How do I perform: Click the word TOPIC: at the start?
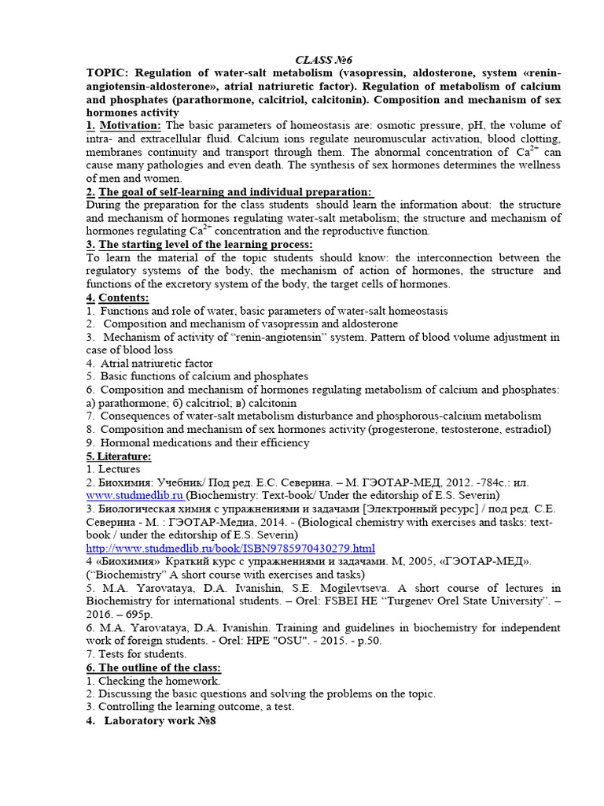[x=109, y=73]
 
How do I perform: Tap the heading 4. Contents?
[x=117, y=298]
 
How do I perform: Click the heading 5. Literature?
[x=119, y=456]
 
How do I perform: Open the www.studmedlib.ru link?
[x=134, y=495]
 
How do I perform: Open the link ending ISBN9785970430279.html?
[x=230, y=548]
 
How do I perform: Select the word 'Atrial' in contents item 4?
[x=117, y=364]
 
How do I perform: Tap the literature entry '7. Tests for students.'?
[x=137, y=654]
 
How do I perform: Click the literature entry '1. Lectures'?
[x=114, y=469]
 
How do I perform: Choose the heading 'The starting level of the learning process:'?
[x=205, y=245]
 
